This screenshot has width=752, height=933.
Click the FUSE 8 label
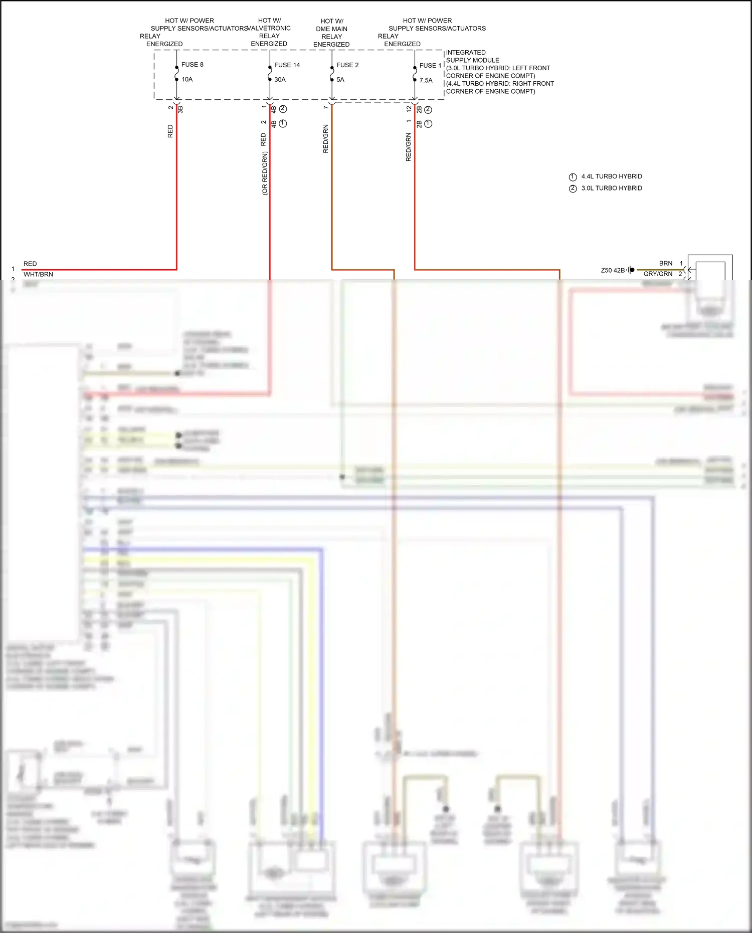(192, 65)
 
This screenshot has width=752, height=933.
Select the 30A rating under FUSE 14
(280, 80)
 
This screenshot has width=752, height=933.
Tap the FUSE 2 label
(347, 65)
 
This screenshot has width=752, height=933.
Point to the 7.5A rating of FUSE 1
(426, 80)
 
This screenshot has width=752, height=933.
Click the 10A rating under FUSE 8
(187, 79)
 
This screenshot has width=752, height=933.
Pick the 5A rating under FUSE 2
(340, 80)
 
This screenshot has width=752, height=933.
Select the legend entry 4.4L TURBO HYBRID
(611, 176)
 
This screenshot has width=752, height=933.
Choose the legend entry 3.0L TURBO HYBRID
(611, 188)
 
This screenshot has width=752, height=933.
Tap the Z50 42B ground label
(613, 270)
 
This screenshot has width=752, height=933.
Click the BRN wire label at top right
(665, 263)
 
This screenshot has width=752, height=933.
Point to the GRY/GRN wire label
(658, 274)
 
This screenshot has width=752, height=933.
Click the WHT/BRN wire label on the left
(38, 274)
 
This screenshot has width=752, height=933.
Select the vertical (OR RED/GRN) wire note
(264, 173)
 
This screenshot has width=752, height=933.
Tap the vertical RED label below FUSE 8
(170, 131)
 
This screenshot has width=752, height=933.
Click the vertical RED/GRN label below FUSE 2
(325, 139)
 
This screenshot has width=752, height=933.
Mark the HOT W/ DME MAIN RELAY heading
(331, 33)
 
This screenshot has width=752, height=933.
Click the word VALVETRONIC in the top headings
(270, 29)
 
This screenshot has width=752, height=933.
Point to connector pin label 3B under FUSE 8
(180, 109)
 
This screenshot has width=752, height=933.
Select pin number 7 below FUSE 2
(326, 107)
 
